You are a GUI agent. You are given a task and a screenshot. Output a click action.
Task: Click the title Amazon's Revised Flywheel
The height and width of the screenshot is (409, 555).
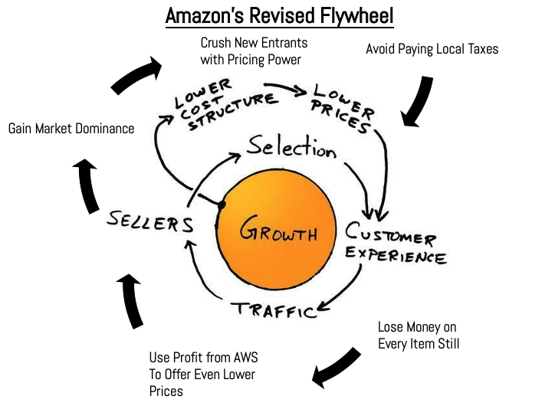(277, 15)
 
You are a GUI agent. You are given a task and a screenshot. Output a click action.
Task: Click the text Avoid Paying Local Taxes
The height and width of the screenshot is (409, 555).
(432, 49)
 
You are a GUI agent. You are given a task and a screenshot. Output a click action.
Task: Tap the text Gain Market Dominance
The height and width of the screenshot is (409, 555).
(71, 129)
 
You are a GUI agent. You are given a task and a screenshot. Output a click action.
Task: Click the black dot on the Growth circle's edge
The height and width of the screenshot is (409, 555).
(221, 204)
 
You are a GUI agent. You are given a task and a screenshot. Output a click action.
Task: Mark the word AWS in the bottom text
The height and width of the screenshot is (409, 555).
(240, 357)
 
